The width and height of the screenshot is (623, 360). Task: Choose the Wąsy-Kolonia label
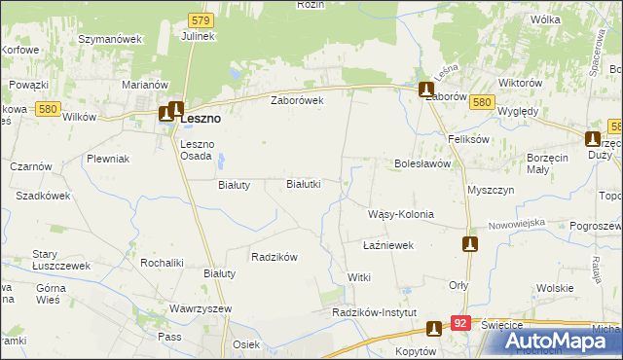click(400, 214)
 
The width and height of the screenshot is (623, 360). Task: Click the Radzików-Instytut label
click(374, 312)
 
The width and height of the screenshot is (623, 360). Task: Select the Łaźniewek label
click(388, 246)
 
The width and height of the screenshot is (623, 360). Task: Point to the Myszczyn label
click(491, 190)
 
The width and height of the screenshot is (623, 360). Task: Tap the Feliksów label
click(466, 139)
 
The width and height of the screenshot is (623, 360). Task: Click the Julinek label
click(198, 36)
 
